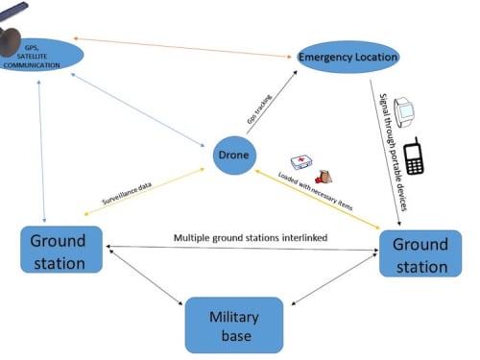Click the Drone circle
[x=235, y=156]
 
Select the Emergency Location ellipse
[x=348, y=57]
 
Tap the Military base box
[x=234, y=325]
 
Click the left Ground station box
[x=61, y=250]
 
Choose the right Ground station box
[x=420, y=253]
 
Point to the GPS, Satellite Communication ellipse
[x=40, y=55]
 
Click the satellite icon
[x=12, y=31]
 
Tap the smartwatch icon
[x=404, y=112]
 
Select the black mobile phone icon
[x=414, y=156]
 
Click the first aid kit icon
[x=301, y=162]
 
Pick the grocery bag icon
[x=324, y=177]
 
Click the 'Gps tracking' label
[x=259, y=109]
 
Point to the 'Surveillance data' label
[x=127, y=193]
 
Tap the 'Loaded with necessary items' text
[x=316, y=191]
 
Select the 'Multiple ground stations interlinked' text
[x=251, y=238]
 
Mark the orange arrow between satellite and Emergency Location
[x=182, y=48]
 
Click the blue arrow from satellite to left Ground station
[x=41, y=152]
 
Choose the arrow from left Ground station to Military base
[x=146, y=277]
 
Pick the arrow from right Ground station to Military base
[x=335, y=278]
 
